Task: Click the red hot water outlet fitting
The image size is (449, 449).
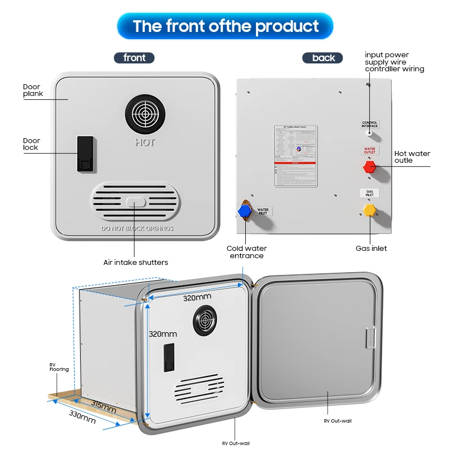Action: [x=369, y=167]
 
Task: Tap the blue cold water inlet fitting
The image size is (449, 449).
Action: [x=244, y=210]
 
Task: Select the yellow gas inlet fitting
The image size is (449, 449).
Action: [x=369, y=210]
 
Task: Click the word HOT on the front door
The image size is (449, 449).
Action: [x=145, y=143]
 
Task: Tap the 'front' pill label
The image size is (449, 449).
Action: [x=134, y=58]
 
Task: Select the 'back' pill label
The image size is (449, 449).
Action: [x=323, y=58]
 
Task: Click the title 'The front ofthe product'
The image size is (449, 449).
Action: [x=225, y=26]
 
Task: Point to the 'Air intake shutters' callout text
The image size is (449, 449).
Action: [x=135, y=262]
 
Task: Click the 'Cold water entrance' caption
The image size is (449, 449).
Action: [x=246, y=252]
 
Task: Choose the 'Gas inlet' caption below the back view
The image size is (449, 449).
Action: [x=371, y=248]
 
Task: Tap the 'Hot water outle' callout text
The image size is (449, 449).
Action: [x=412, y=157]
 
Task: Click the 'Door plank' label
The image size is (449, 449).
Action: [x=33, y=90]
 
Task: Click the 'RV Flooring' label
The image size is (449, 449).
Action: [x=59, y=367]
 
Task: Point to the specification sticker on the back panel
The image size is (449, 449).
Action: [x=295, y=155]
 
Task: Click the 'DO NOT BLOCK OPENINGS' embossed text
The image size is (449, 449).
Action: [x=137, y=229]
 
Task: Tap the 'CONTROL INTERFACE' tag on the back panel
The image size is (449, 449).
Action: [x=369, y=124]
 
